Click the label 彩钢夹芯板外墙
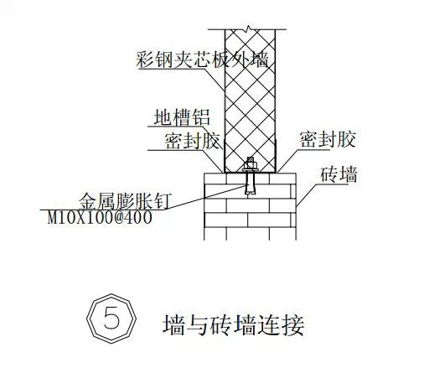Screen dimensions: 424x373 pos(203,59)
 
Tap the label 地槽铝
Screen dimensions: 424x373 pos(182,117)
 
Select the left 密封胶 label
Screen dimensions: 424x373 pos(192,141)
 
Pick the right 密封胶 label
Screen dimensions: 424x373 pos(328,139)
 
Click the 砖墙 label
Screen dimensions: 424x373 pos(339,174)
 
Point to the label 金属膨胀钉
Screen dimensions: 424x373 pos(125,201)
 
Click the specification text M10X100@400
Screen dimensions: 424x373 pos(100,218)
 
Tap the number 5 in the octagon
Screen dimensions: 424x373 pos(111,318)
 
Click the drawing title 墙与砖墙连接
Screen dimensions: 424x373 pos(234,325)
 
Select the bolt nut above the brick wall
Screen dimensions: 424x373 pos(251,163)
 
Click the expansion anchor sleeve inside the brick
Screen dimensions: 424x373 pos(251,184)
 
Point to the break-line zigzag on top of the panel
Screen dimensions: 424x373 pos(248,28)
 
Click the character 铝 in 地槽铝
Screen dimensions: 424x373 pos(201,117)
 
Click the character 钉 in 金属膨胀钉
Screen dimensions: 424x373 pos(162,201)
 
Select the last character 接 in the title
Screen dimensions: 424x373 pos(294,325)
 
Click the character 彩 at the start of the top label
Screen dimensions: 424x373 pos(146,59)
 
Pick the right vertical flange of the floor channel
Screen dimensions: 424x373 pos(276,156)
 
